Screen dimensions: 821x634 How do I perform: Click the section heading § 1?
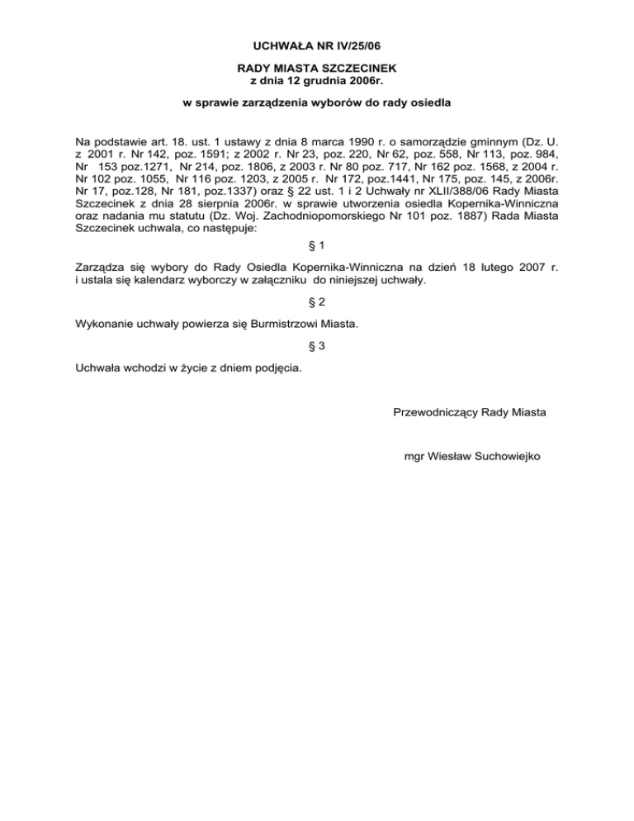pos(317,246)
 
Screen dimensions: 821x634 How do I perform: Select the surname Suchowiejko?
pos(502,456)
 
